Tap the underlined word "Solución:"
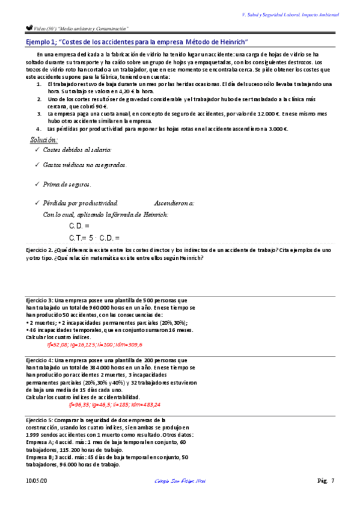[x=44, y=140]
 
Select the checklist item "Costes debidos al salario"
[x=77, y=150]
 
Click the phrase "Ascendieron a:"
[x=174, y=203]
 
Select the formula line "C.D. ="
[x=79, y=226]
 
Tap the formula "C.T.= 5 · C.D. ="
[x=94, y=238]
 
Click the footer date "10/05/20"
[x=35, y=481]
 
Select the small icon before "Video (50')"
[x=28, y=27]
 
